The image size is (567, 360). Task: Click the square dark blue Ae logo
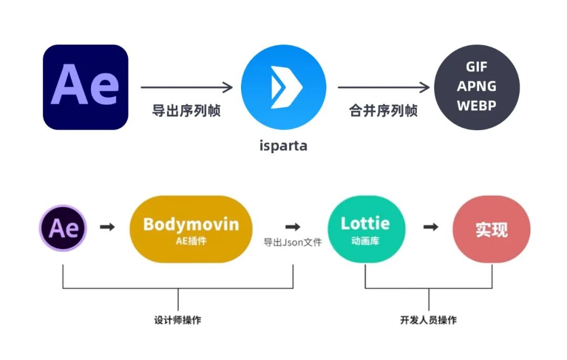point(86,87)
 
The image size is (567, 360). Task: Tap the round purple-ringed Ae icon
point(63,228)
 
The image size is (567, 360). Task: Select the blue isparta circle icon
point(283,87)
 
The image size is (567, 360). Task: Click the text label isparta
point(283,145)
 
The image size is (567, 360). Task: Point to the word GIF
point(476,67)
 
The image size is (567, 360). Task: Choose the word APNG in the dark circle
point(476,86)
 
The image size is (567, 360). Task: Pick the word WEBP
point(476,105)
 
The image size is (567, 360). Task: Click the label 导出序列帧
point(186,111)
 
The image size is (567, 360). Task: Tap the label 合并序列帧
point(383,111)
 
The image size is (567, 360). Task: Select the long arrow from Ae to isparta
point(187,88)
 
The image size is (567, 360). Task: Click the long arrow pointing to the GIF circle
point(383,88)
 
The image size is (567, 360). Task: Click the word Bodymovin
point(191,225)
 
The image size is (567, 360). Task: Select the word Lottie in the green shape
point(365,224)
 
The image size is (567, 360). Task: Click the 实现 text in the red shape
point(491,230)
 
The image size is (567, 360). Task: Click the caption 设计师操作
point(177,320)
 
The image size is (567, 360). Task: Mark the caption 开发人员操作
point(428,320)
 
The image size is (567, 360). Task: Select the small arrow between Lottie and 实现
point(431,227)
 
